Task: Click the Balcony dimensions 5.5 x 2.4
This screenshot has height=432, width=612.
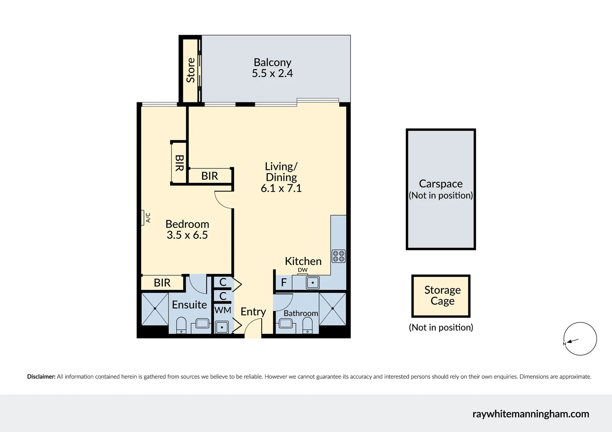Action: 272,74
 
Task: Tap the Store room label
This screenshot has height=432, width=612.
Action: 191,70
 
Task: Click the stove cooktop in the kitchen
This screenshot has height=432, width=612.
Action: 339,256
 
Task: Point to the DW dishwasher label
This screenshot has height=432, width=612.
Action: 303,270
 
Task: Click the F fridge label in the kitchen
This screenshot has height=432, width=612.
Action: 284,283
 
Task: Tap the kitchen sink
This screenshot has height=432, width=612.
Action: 312,282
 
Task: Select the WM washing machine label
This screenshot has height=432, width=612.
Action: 223,310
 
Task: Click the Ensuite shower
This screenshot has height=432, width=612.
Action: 155,309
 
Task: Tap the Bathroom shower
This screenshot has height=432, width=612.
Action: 333,309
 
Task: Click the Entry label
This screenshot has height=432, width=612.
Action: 253,312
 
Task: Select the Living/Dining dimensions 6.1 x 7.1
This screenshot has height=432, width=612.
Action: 281,188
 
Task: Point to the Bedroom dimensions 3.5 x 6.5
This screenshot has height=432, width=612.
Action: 187,235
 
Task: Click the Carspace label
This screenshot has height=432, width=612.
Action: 441,184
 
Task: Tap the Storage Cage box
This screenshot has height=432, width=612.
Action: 441,296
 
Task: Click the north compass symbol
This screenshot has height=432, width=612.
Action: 580,339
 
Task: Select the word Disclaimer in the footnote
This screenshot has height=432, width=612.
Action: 41,377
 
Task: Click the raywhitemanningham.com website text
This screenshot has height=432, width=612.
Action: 531,414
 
